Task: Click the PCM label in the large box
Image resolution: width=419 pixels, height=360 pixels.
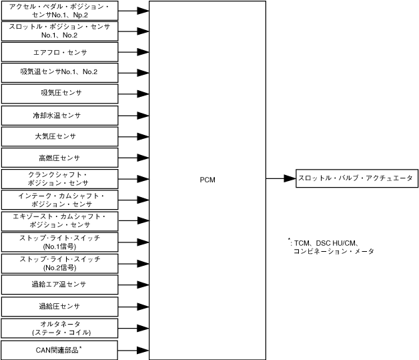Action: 207,180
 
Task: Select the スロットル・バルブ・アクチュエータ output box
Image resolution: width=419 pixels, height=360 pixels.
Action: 356,178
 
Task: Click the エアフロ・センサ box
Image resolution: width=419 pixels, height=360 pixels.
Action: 59,52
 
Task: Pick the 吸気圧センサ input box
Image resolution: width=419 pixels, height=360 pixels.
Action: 59,93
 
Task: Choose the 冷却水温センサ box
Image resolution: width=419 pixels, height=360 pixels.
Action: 59,116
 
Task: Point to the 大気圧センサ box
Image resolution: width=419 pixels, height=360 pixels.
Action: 59,136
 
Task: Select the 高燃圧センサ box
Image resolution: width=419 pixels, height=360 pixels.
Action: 59,158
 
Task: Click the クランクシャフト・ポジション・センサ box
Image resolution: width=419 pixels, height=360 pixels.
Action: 59,178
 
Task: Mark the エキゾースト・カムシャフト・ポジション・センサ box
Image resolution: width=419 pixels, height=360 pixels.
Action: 59,220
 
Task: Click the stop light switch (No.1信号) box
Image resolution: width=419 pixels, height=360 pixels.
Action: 59,242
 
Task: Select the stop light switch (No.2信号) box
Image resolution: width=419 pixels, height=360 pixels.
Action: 59,262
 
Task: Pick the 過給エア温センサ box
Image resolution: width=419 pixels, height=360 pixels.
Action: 59,285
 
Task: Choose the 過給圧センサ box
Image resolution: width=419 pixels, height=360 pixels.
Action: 59,307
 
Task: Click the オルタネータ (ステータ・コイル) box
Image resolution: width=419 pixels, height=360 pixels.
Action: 59,328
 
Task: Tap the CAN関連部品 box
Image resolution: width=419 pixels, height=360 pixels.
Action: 59,349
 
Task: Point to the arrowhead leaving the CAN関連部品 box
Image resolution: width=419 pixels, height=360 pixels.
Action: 142,349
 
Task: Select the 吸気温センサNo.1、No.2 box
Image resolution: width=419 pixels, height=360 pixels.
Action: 59,72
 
